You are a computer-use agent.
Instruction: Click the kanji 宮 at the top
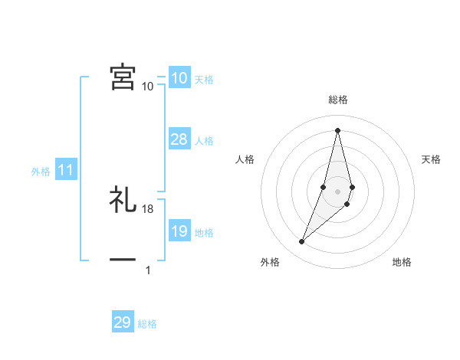123,77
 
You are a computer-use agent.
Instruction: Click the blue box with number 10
179,77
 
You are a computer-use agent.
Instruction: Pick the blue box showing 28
179,139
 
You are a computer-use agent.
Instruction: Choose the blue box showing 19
179,231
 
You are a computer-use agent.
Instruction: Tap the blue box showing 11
65,170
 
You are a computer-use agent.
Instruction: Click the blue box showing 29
123,322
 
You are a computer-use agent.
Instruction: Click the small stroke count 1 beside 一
148,270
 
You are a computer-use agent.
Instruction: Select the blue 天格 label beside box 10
204,80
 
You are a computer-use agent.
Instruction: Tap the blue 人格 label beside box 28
204,141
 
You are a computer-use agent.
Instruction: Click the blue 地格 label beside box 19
204,233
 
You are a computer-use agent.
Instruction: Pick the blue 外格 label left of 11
41,172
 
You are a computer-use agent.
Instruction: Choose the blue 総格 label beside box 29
147,325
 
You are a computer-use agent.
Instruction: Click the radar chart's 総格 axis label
337,100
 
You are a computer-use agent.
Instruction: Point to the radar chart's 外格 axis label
270,263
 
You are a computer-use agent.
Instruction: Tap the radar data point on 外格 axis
302,242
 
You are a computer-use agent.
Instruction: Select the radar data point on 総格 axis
337,129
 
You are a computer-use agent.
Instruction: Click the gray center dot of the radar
337,191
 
